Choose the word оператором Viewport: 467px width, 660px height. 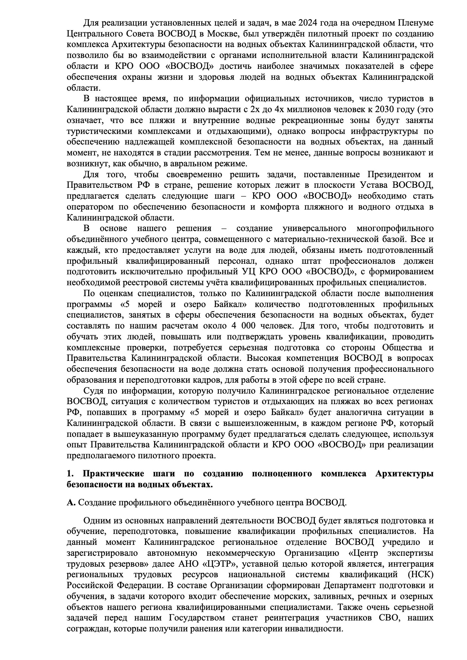point(89,207)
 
